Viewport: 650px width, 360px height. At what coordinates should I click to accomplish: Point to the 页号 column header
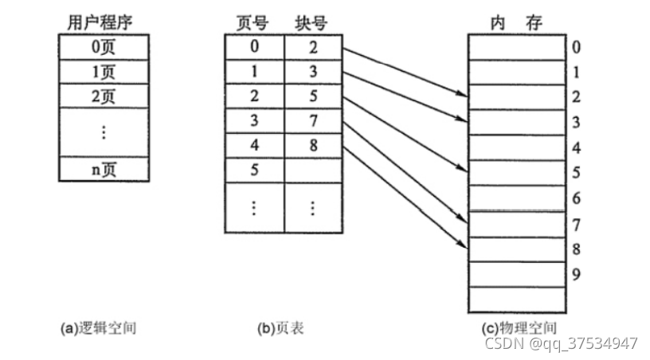(x=254, y=22)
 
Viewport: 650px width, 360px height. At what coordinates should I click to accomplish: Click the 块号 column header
(x=312, y=22)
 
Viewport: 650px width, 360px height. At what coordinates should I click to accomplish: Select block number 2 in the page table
(x=312, y=46)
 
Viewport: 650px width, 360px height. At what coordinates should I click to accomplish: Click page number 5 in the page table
(x=254, y=170)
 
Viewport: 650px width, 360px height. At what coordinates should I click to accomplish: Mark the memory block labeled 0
(x=516, y=48)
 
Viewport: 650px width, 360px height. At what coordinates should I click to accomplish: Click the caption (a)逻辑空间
(x=99, y=327)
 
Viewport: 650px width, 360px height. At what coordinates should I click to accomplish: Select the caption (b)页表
(x=280, y=327)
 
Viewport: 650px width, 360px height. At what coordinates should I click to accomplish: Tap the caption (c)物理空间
(x=519, y=327)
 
